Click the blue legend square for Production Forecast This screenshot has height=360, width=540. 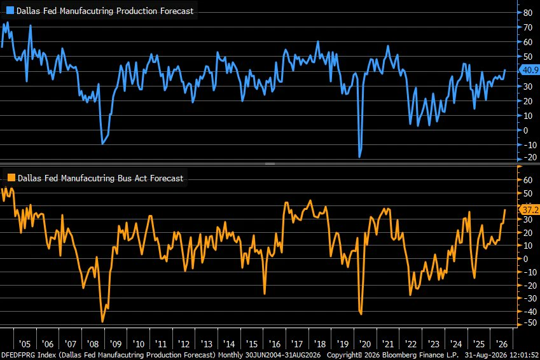tap(10, 10)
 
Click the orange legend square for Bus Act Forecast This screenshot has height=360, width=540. tap(11, 177)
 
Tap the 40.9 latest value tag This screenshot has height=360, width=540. tap(530, 70)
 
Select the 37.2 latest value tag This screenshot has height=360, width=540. tap(530, 209)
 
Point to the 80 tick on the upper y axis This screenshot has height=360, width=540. tap(528, 13)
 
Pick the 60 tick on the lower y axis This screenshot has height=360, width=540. tap(528, 180)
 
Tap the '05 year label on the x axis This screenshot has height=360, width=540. tap(24, 344)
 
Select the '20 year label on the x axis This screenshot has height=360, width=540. tap(364, 344)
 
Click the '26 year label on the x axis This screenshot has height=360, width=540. tap(501, 344)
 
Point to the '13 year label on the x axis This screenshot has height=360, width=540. tap(206, 344)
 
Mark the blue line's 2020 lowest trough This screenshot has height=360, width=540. tap(359, 157)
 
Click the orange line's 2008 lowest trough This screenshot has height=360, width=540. tap(102, 322)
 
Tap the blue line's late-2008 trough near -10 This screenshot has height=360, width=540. tap(102, 143)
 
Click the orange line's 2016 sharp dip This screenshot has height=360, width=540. tap(265, 293)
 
